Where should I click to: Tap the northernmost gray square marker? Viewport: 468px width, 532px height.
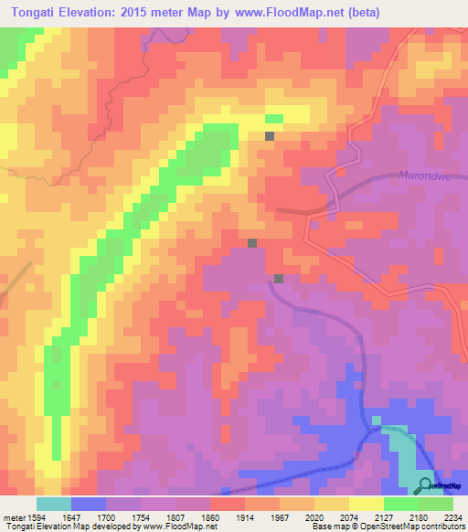[270, 135]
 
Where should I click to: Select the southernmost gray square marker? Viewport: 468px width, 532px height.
[279, 278]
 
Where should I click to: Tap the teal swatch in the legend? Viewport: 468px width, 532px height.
[54, 504]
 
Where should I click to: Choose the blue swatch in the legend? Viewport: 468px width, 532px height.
[89, 504]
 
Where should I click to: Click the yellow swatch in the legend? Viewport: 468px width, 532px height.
[366, 504]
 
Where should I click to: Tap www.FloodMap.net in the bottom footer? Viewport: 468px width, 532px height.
[173, 527]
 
